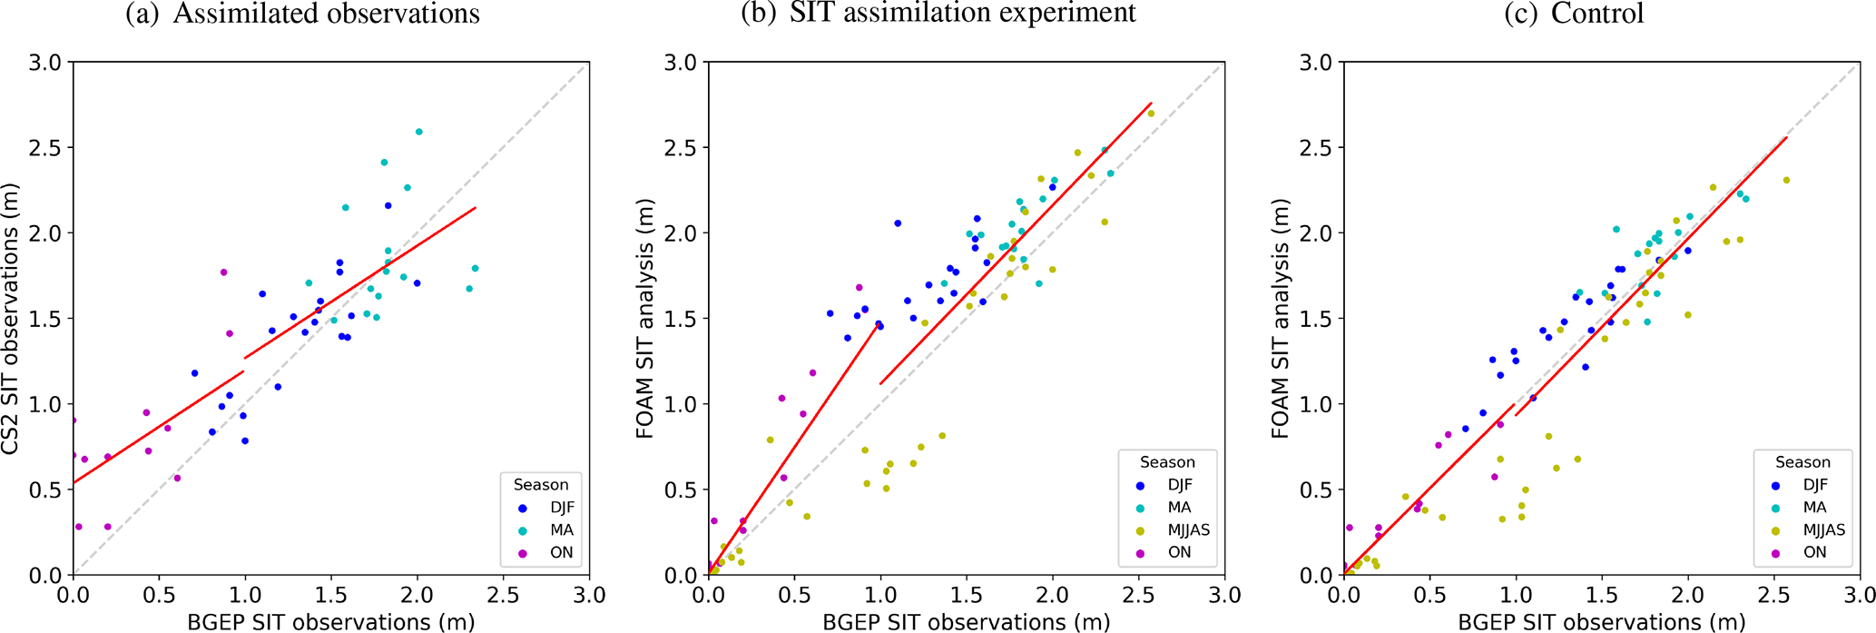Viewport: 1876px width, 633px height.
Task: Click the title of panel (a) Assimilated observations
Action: pyautogui.click(x=302, y=14)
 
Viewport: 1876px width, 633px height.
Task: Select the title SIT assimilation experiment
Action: pyautogui.click(x=938, y=13)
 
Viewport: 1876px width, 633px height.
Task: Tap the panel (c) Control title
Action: pyautogui.click(x=1573, y=14)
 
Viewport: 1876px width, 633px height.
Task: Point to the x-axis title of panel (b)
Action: pyautogui.click(x=966, y=622)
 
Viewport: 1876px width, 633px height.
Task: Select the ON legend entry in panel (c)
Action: pyautogui.click(x=1814, y=552)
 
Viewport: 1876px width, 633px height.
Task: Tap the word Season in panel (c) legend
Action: pyautogui.click(x=1802, y=462)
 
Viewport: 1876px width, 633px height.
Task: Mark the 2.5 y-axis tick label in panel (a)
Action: pyautogui.click(x=45, y=148)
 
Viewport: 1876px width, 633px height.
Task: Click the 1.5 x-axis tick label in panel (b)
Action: pyautogui.click(x=967, y=596)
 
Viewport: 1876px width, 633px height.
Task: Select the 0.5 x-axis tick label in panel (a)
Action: pyautogui.click(x=159, y=596)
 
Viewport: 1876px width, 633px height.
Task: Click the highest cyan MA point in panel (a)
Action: pyautogui.click(x=418, y=132)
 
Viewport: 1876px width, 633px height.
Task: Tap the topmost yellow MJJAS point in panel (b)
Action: pyautogui.click(x=1151, y=114)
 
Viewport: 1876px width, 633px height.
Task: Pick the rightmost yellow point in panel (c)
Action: pyautogui.click(x=1786, y=180)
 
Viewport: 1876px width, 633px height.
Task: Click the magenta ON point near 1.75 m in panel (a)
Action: pyautogui.click(x=223, y=272)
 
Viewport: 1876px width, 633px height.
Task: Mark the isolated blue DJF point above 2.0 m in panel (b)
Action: pyautogui.click(x=898, y=223)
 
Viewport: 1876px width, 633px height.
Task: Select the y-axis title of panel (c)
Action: pyautogui.click(x=1281, y=318)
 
